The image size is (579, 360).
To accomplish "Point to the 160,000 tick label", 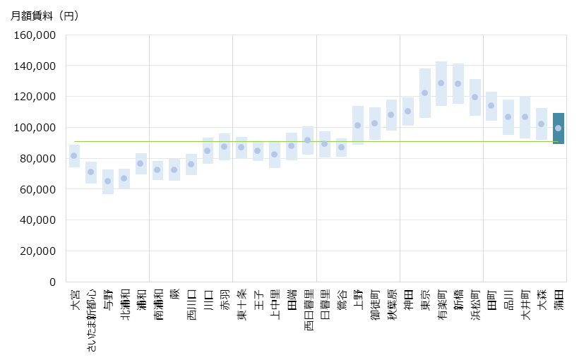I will click(36, 35).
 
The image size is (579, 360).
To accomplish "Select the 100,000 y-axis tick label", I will click(36, 128).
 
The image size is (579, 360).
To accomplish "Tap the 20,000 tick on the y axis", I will click(39, 251).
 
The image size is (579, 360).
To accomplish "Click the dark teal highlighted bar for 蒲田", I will click(558, 128).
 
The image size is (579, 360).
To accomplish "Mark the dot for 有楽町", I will click(441, 83).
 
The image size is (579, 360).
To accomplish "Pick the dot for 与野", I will click(107, 181).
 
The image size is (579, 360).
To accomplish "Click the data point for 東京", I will click(424, 93).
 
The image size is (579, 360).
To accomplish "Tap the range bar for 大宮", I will click(74, 156).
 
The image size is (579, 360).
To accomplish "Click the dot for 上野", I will click(358, 125).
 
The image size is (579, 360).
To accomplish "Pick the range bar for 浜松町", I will click(474, 97).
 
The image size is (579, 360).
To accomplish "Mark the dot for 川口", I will click(208, 150).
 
